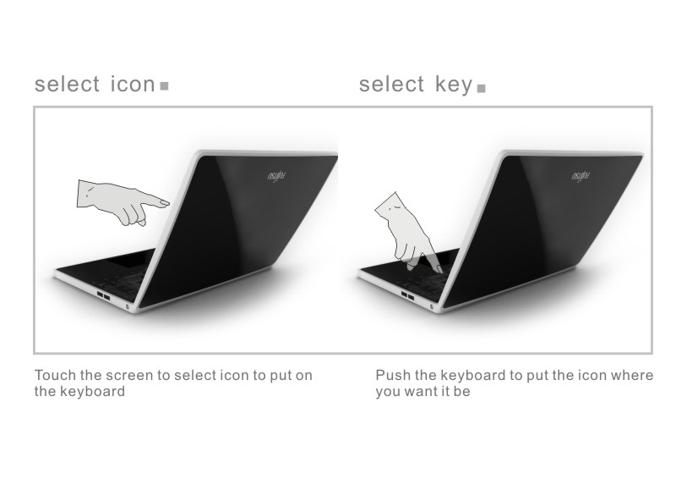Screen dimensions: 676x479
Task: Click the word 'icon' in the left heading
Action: point(133,84)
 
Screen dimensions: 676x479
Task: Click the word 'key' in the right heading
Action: point(454,85)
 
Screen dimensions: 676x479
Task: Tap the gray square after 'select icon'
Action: point(164,86)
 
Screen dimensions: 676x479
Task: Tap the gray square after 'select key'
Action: point(482,88)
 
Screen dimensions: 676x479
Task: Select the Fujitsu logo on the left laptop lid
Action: point(276,176)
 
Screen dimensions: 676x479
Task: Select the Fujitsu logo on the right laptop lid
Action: point(581,176)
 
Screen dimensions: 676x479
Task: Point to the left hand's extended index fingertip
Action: point(166,202)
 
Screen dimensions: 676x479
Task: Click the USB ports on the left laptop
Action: point(104,296)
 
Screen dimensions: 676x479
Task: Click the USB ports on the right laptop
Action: point(407,296)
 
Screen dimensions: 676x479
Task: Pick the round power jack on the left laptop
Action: point(128,306)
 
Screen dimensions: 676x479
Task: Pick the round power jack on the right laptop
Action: point(432,306)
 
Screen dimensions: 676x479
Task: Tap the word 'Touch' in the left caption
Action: point(54,375)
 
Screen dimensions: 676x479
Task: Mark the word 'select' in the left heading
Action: point(67,84)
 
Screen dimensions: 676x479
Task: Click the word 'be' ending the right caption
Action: point(461,391)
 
